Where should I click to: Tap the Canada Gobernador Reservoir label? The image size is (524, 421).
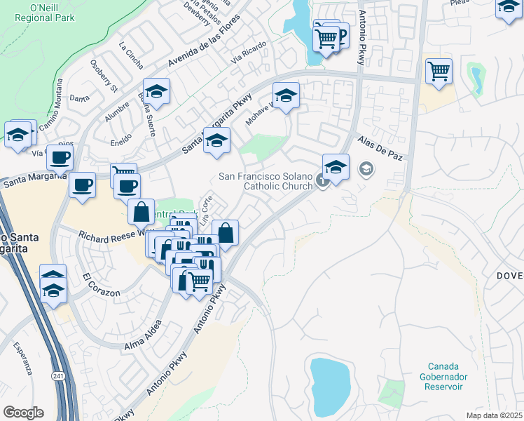[445, 377]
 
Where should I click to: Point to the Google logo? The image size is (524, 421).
[23, 413]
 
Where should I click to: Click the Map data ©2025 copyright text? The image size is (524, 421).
[495, 415]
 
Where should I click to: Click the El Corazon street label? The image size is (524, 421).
[101, 286]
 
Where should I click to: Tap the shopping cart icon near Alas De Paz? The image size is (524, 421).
[439, 70]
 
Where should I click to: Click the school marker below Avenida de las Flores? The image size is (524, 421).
[157, 93]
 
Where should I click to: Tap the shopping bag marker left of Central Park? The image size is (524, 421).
[142, 210]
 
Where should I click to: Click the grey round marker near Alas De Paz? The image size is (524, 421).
[366, 168]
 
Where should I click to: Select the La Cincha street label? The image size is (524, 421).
[132, 58]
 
